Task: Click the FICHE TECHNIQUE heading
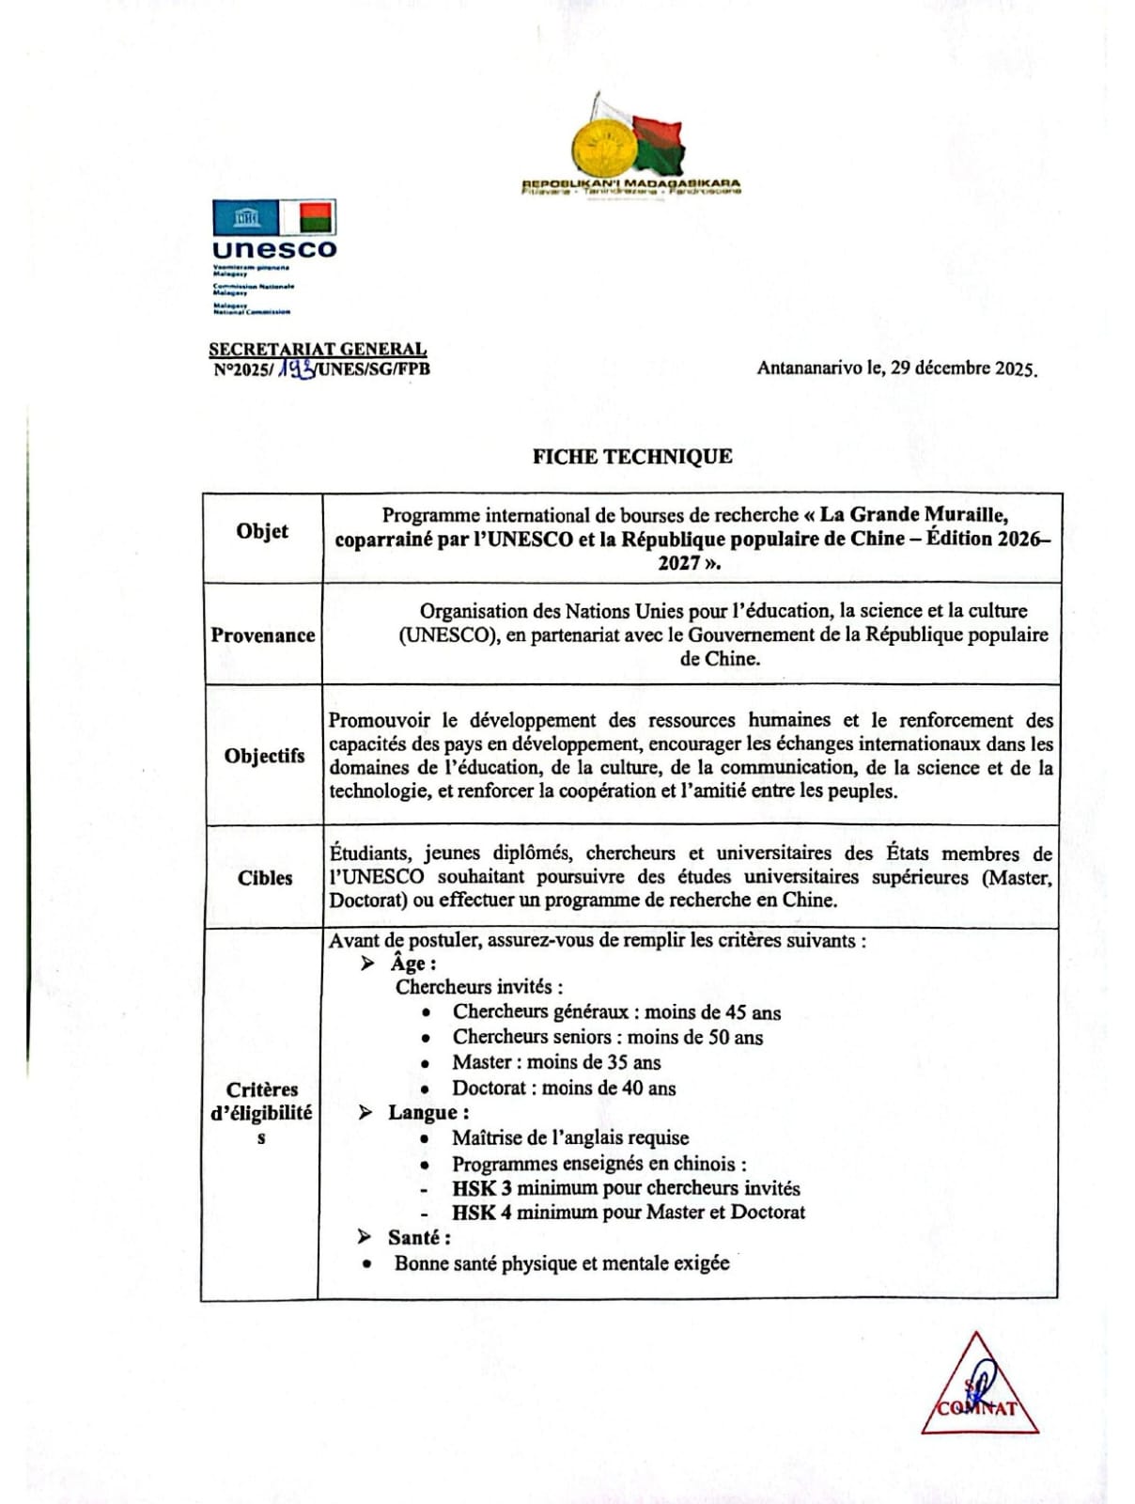coord(631,457)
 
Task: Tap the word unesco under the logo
coord(273,249)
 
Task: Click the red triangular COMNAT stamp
coord(978,1388)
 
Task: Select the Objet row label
coord(262,531)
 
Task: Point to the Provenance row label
coord(263,635)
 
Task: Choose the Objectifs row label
coord(264,756)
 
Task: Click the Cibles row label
coord(265,878)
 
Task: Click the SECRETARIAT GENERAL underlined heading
coord(318,350)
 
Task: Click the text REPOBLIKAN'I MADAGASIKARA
coord(630,183)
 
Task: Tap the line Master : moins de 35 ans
coord(556,1062)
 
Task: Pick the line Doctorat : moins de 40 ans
coord(564,1088)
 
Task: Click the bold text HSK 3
coord(481,1188)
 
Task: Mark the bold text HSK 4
coord(481,1213)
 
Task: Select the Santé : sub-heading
coord(419,1238)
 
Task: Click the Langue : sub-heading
coord(428,1113)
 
